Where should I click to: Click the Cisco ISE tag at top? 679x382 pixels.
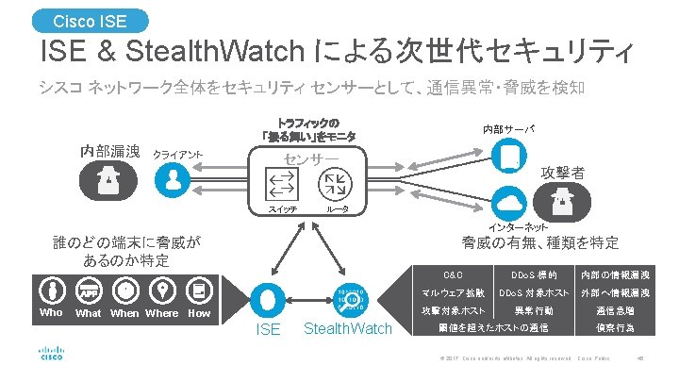click(91, 20)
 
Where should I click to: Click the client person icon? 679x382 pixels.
click(172, 176)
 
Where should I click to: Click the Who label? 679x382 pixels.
click(51, 313)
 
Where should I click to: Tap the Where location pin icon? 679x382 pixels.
click(163, 290)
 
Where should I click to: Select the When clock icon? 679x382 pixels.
click(125, 290)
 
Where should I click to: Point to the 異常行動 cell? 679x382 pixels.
click(534, 310)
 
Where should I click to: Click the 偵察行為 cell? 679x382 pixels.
click(615, 328)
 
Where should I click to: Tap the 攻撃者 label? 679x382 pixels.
click(562, 174)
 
